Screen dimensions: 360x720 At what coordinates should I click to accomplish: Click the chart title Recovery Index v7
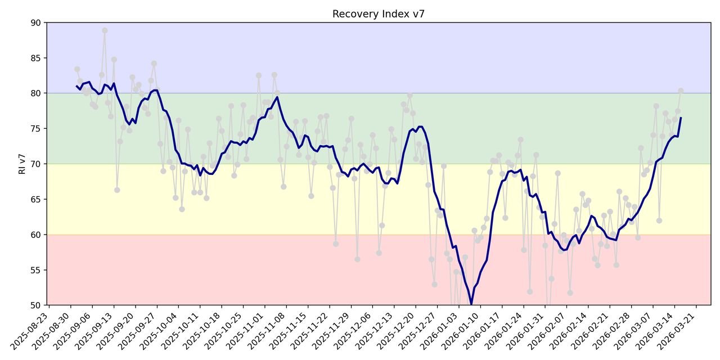pos(378,14)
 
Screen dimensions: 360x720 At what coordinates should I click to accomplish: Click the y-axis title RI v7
pos(22,164)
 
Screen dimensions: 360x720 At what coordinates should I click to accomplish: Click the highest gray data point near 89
pos(105,31)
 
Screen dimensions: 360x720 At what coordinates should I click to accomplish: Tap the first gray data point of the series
pos(77,69)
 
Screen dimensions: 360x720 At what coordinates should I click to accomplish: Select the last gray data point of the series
pos(681,91)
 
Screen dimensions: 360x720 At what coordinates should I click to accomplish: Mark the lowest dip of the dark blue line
pos(471,304)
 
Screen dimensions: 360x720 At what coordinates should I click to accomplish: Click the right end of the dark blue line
pos(681,118)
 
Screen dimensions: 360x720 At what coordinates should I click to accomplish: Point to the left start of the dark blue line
pos(77,86)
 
